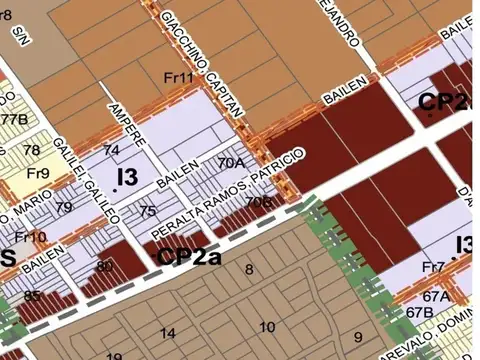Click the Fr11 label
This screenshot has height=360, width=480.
coord(178,78)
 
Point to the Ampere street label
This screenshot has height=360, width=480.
coord(127,122)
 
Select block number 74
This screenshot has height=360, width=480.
coord(111,150)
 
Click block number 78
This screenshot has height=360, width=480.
coord(32,151)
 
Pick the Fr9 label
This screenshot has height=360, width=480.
coord(39,172)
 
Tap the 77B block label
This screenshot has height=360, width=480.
coord(13,120)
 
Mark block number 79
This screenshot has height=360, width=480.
coord(65,207)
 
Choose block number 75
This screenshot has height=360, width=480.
coord(148,211)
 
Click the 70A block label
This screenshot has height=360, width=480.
coord(231,162)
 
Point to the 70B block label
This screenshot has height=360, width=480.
coord(258,203)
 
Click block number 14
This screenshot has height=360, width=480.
coord(168,333)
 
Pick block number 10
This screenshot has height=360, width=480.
coord(267,327)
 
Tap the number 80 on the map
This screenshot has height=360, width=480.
coord(105,265)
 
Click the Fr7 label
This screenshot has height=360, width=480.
coord(433,267)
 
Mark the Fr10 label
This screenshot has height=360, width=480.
coord(30,237)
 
